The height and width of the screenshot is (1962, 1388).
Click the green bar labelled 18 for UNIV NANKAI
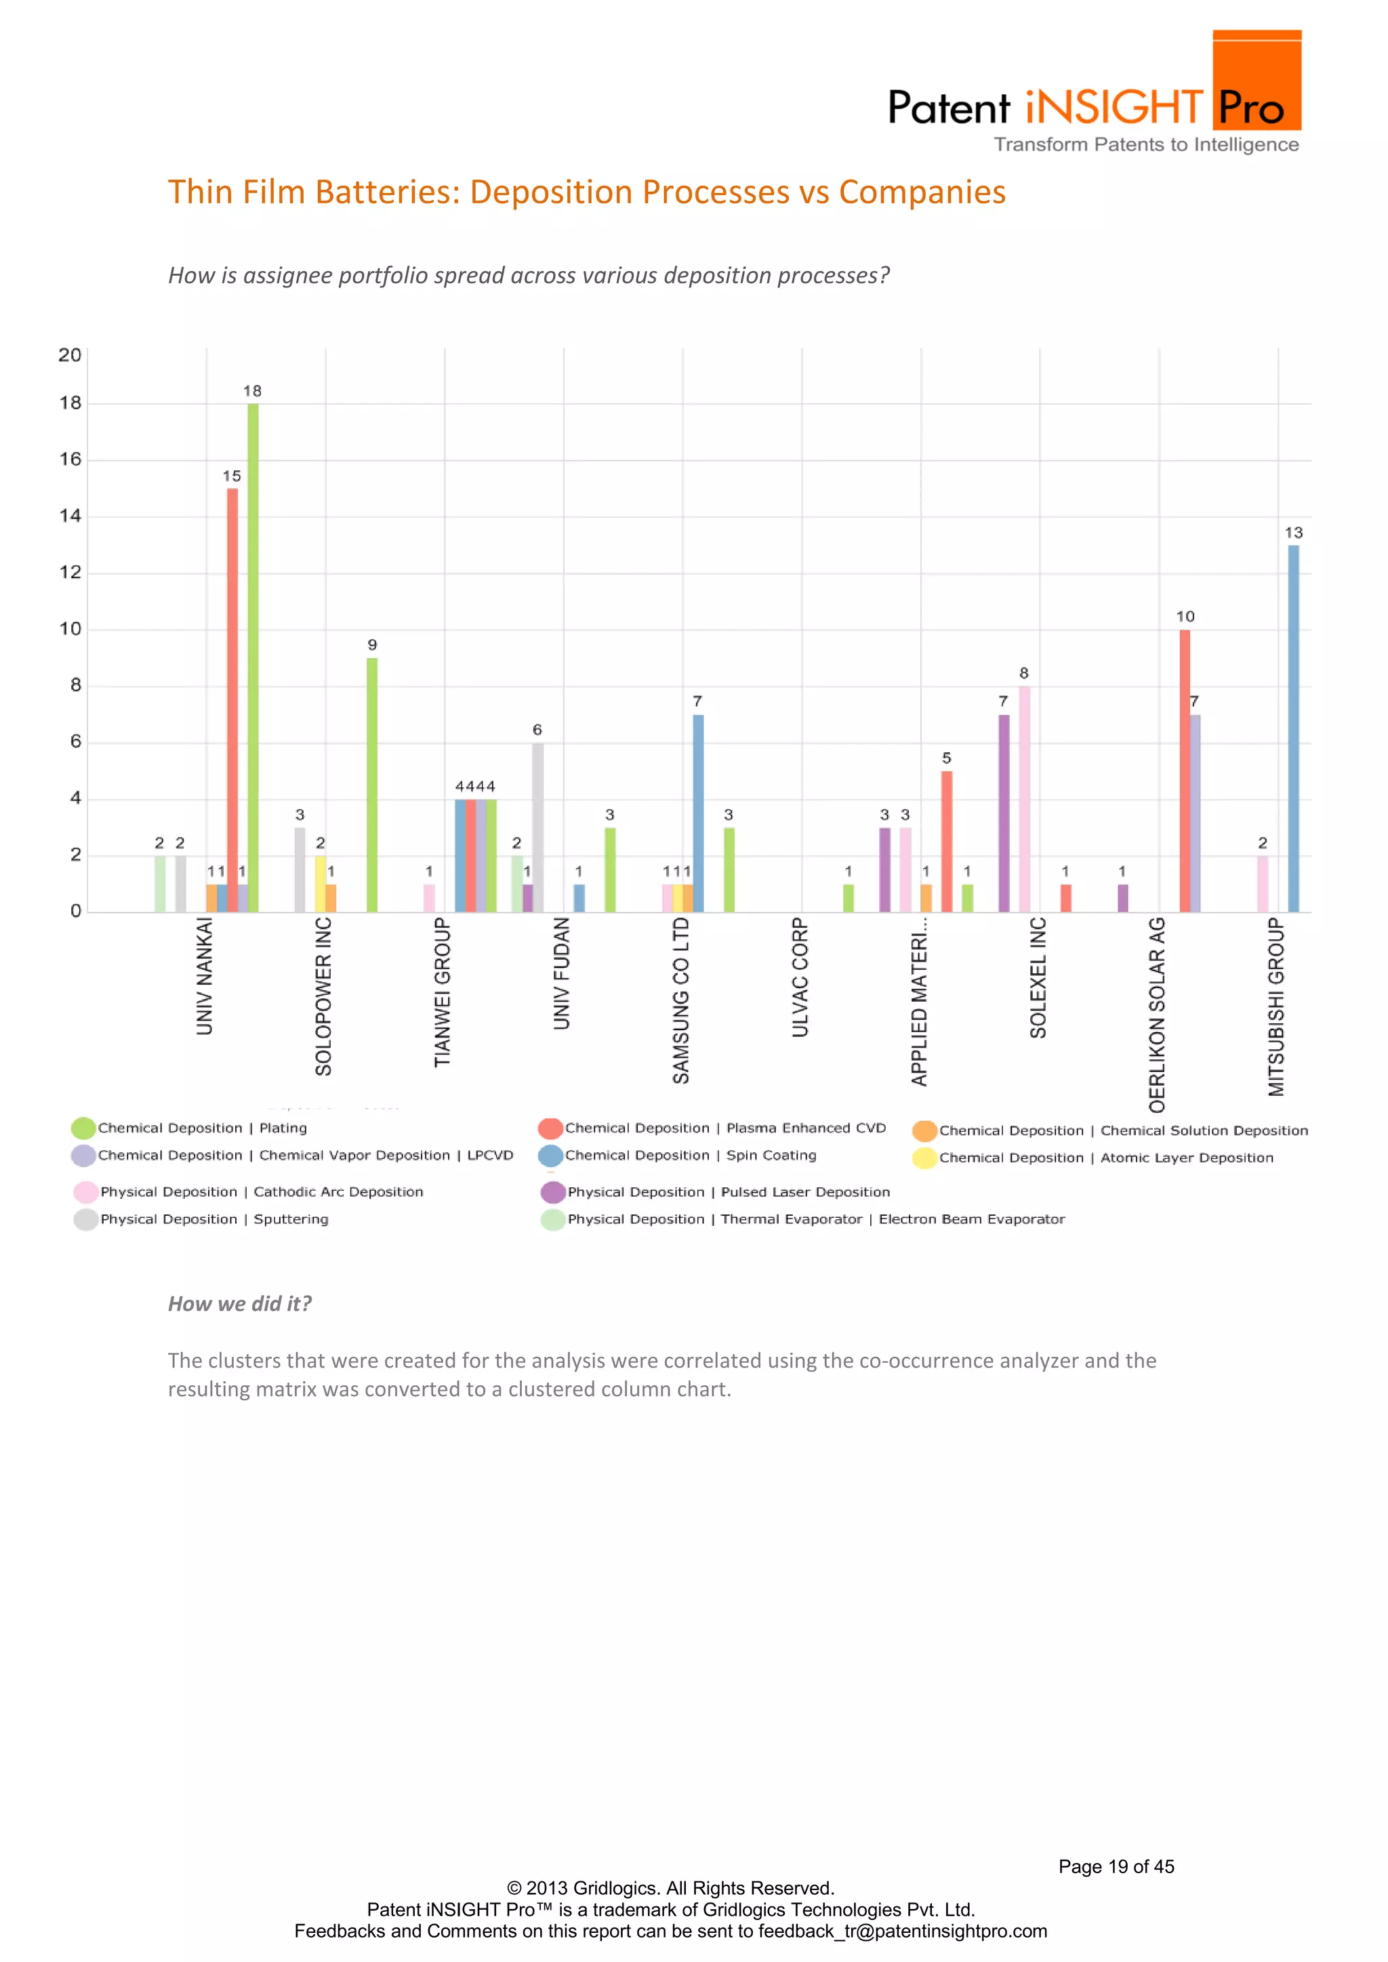click(253, 658)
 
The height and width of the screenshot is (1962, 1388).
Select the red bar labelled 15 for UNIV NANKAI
click(232, 701)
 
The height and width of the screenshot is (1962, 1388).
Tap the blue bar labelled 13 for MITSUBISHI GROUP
click(1293, 729)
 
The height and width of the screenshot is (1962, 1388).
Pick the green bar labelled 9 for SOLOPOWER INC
click(372, 784)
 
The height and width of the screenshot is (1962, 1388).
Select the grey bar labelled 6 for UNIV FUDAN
click(537, 827)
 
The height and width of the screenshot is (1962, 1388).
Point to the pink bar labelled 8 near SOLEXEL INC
click(1024, 799)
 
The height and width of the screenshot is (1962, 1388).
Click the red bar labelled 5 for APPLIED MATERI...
click(947, 842)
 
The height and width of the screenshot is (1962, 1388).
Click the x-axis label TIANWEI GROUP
click(442, 992)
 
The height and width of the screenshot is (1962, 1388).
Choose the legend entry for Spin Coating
click(690, 1156)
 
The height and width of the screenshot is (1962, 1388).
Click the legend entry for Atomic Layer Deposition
click(1105, 1158)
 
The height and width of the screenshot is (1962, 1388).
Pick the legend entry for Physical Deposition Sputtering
click(213, 1219)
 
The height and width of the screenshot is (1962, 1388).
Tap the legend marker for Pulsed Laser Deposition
click(553, 1192)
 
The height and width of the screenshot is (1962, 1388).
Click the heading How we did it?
click(239, 1304)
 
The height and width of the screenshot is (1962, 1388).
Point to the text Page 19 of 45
click(1116, 1867)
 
